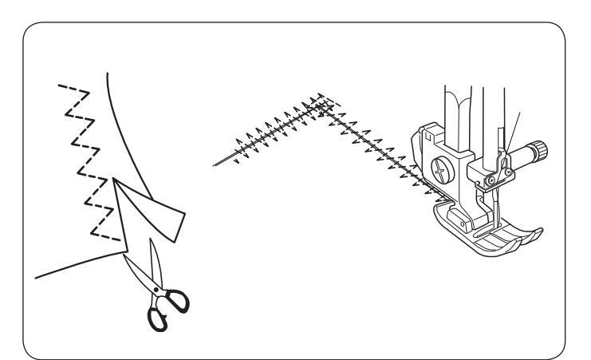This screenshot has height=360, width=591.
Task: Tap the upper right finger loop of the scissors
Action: [179, 302]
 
